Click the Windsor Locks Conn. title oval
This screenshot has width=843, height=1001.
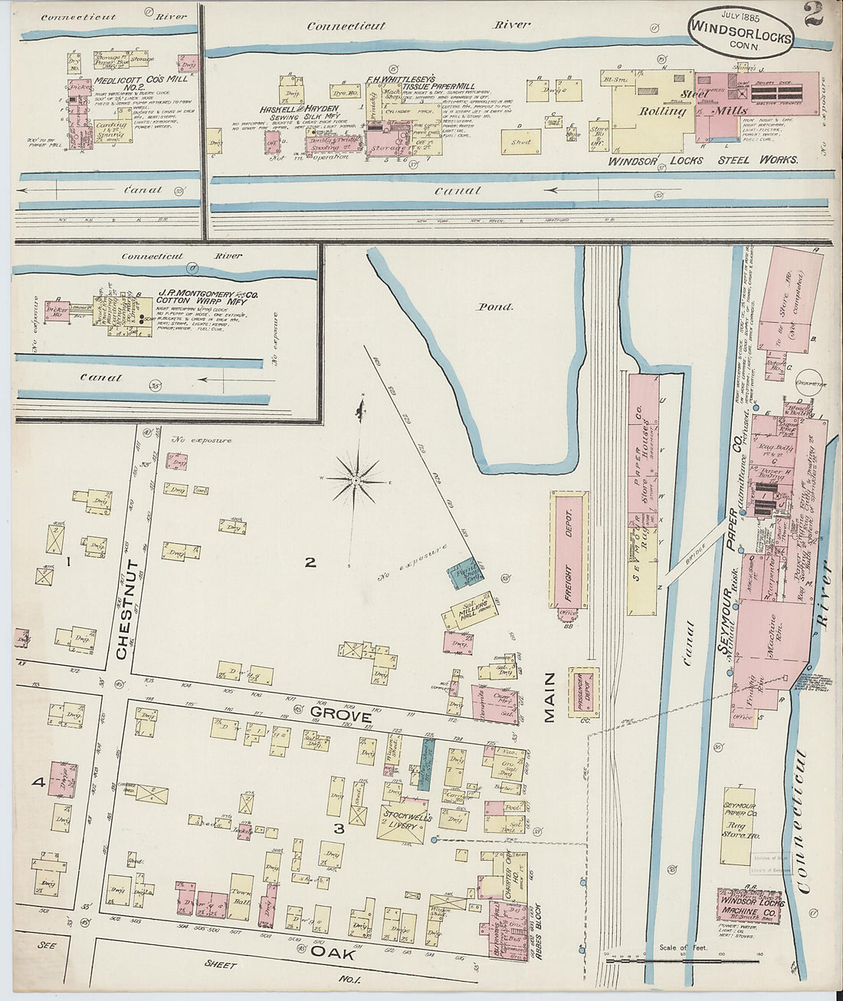coord(740,33)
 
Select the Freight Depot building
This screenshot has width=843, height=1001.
coord(569,549)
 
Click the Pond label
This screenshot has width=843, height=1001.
coord(495,307)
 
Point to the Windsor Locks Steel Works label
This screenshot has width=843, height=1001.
coord(703,160)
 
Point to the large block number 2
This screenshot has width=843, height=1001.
coord(310,562)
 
